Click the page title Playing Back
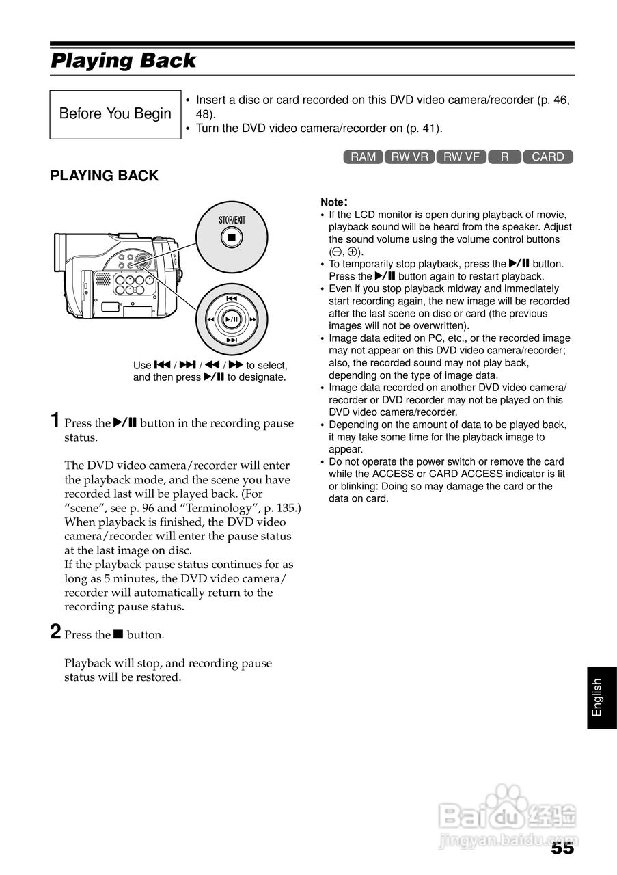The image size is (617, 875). click(x=124, y=61)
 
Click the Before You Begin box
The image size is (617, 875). click(x=115, y=113)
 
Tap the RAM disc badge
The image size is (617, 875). click(x=363, y=157)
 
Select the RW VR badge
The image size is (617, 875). click(x=410, y=157)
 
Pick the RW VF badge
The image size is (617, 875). click(x=461, y=157)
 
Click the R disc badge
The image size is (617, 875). click(x=504, y=157)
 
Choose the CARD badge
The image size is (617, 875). click(x=547, y=157)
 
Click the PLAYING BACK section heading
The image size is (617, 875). click(x=104, y=176)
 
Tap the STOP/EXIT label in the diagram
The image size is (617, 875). click(x=232, y=220)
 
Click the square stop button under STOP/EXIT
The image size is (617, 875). click(x=232, y=238)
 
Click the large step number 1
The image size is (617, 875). click(x=56, y=420)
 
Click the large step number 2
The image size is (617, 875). click(x=56, y=632)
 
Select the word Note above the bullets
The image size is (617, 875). click(x=333, y=202)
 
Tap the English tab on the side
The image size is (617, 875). click(x=598, y=697)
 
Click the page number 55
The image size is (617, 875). click(x=562, y=848)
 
